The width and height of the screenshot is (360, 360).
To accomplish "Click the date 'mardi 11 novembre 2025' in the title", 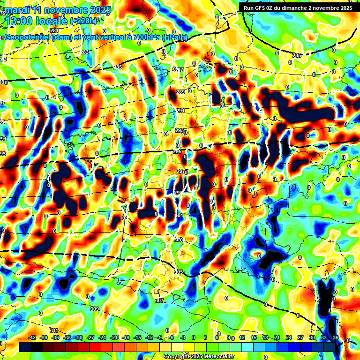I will tap(56, 10).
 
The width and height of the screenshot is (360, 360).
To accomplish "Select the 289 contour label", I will tap(181, 92).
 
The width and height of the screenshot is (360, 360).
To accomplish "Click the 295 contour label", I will tap(177, 152).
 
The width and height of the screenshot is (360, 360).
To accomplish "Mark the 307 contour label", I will tap(159, 300).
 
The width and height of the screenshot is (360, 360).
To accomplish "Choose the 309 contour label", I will tap(95, 309).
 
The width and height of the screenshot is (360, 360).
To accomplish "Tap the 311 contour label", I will tap(53, 331).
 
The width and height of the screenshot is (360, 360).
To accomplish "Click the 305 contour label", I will tap(178, 272).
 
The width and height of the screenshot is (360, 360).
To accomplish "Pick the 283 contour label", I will tap(84, 52).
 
